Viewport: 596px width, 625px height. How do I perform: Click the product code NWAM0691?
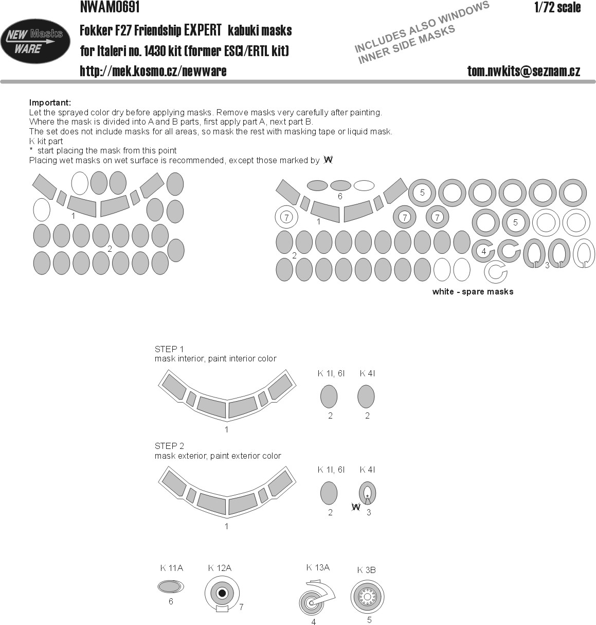(x=110, y=7)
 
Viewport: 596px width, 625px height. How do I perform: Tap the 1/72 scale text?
(x=557, y=7)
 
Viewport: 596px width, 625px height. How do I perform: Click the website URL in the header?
(x=153, y=71)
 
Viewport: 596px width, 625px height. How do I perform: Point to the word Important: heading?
(x=50, y=102)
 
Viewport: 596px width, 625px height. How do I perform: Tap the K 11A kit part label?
(x=171, y=568)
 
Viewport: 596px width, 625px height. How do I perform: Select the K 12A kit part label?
(x=220, y=568)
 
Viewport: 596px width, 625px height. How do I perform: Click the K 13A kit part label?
(x=318, y=568)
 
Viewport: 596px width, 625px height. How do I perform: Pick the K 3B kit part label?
(x=367, y=570)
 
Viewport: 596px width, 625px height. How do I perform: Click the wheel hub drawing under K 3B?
(x=368, y=597)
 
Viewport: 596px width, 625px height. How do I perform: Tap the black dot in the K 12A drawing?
(x=222, y=593)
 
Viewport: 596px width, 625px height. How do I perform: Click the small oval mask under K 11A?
(x=170, y=587)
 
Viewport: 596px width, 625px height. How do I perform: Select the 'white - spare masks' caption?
(x=473, y=291)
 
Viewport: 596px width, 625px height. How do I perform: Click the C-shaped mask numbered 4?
(x=483, y=252)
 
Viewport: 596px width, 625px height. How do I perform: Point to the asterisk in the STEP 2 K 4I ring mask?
(x=368, y=496)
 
